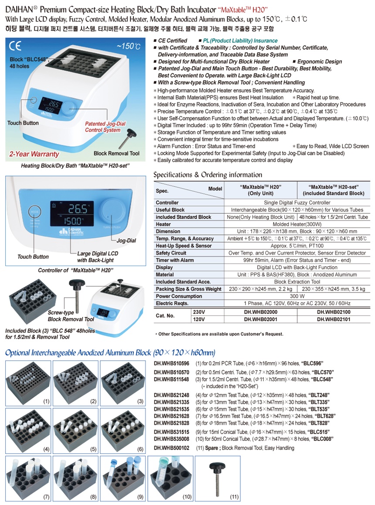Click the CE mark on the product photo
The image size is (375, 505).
pos(15,46)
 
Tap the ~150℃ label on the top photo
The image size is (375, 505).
pos(129,46)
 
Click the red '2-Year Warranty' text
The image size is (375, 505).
pos(34,154)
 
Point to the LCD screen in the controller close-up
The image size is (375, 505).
pos(72,213)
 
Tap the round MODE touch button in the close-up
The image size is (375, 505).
pos(34,212)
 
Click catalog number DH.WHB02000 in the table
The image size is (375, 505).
pos(260,312)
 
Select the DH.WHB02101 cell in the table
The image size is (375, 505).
pos(334,319)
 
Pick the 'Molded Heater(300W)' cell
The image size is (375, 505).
pos(297,224)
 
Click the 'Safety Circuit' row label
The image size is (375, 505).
pos(171,253)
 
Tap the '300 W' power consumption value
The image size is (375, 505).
pos(297,296)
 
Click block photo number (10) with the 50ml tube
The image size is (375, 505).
pos(170,478)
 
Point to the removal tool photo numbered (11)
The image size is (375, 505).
pos(218,478)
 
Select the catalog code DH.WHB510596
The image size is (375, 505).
pos(171,363)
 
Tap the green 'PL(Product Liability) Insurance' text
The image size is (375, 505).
pos(240,41)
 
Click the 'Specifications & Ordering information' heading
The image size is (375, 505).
pos(208,175)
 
